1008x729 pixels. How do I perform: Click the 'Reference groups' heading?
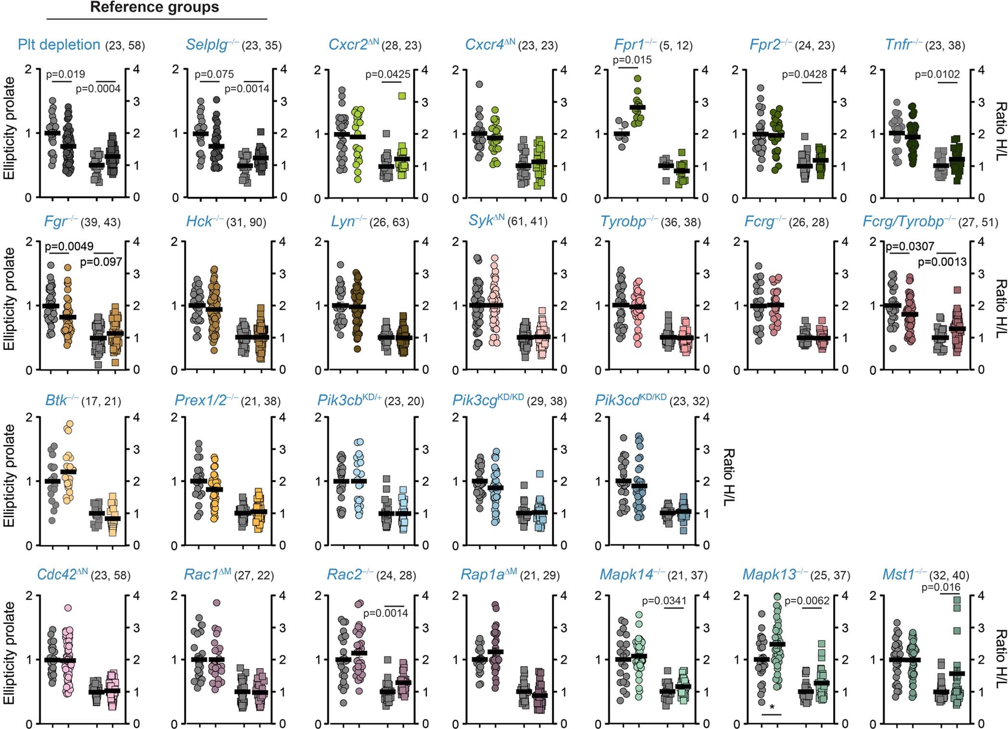(154, 7)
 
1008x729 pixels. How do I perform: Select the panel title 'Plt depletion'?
(59, 45)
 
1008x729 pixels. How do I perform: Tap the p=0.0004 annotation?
(98, 88)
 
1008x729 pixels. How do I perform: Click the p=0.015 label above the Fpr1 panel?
(632, 60)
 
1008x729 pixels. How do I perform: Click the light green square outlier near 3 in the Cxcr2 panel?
(402, 96)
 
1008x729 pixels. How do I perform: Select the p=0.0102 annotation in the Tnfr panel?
(937, 75)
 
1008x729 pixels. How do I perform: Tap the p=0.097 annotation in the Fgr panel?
(101, 262)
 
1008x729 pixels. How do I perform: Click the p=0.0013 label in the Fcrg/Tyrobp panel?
(942, 262)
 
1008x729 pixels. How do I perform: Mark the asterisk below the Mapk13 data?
(772, 707)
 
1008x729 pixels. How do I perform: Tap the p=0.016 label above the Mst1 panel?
(941, 587)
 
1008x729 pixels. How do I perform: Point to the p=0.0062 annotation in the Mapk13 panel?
(807, 601)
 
